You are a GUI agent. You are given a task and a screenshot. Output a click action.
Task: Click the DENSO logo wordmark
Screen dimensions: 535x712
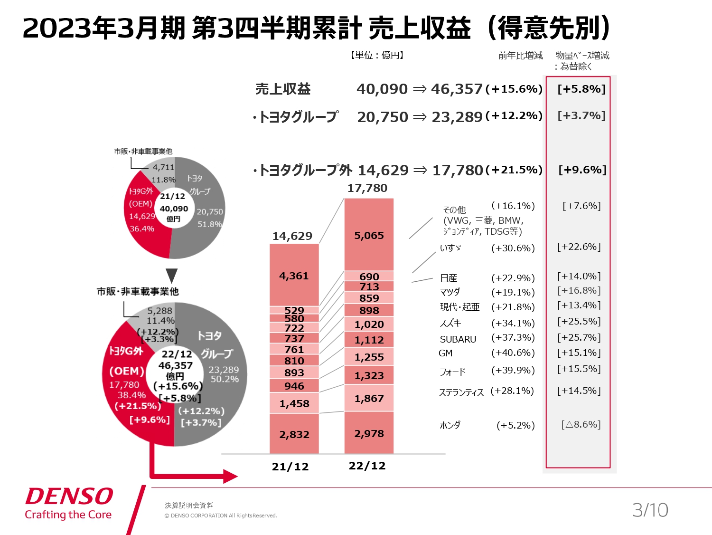pos(69,497)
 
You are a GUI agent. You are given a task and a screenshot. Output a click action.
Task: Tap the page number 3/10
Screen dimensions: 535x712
pos(650,510)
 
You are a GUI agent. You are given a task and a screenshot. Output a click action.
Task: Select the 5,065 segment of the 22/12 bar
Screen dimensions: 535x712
pos(369,235)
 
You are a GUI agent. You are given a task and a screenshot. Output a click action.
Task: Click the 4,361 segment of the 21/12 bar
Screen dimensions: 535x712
pos(294,276)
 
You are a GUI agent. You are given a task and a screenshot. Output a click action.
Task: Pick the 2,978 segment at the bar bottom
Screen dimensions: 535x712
pos(369,433)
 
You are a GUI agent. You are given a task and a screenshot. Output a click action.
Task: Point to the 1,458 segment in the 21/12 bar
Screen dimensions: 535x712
pos(294,403)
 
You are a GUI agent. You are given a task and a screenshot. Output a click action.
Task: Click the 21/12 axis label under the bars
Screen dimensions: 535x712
pos(290,467)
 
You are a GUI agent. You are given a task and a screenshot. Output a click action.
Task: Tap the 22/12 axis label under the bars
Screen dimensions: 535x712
pos(367,466)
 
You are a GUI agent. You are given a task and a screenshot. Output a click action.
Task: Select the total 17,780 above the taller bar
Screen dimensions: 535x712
pos(367,188)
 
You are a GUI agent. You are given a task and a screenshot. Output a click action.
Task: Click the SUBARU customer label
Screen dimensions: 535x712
pos(458,339)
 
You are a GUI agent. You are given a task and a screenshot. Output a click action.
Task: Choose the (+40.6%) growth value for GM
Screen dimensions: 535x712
pos(513,353)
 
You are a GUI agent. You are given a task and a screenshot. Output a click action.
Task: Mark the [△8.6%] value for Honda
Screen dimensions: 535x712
pos(581,424)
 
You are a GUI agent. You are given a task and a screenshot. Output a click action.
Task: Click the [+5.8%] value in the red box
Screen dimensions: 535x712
pos(581,89)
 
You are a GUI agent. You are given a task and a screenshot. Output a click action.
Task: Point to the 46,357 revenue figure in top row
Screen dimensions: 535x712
pos(457,89)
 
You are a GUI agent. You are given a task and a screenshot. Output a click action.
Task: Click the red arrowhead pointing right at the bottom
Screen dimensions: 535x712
pos(230,476)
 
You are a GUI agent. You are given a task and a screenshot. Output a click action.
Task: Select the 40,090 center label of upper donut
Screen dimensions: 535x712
pos(174,209)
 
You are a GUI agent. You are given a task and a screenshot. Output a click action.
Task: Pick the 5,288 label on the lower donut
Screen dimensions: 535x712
pos(159,311)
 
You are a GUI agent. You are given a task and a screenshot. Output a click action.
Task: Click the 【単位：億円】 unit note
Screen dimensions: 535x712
pos(377,55)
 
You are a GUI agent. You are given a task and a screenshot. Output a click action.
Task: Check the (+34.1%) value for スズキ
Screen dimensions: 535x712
pos(513,323)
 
